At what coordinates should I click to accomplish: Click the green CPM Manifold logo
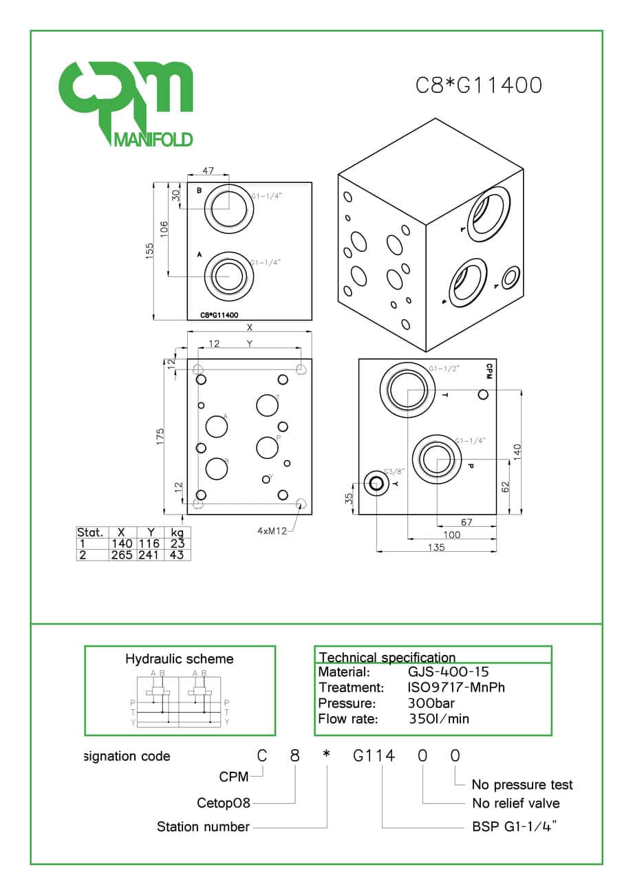tap(125, 103)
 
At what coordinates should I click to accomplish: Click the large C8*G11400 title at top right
tap(479, 85)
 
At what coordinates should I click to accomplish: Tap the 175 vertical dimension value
tap(160, 437)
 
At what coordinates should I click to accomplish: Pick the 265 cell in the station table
tap(121, 554)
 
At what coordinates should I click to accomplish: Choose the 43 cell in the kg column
tap(176, 554)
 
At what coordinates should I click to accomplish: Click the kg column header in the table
tap(176, 532)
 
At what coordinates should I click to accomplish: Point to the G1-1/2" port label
tap(444, 369)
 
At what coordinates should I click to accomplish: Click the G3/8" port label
tap(394, 471)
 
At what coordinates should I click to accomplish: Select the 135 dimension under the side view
tap(436, 547)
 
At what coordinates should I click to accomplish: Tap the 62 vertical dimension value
tap(506, 487)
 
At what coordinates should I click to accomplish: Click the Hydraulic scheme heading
tap(179, 658)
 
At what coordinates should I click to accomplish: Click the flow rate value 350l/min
tap(439, 719)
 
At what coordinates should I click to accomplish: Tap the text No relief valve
tap(516, 803)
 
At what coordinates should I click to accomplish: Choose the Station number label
tap(203, 826)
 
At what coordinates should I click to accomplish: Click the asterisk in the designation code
tap(326, 755)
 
